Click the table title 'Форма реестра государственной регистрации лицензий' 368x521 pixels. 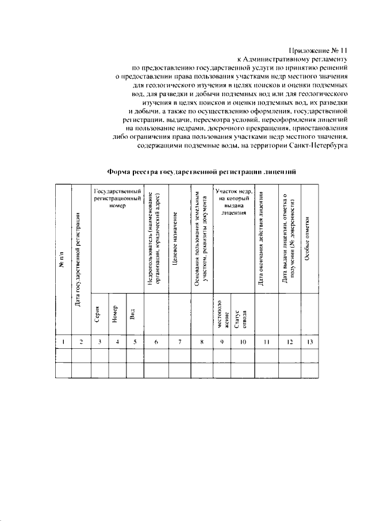click(x=201, y=172)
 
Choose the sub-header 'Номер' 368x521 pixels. click(x=117, y=314)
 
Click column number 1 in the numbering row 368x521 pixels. click(x=63, y=343)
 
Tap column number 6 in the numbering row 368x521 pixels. click(x=156, y=343)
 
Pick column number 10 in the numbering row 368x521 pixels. click(x=242, y=343)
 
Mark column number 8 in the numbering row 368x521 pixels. click(x=202, y=343)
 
